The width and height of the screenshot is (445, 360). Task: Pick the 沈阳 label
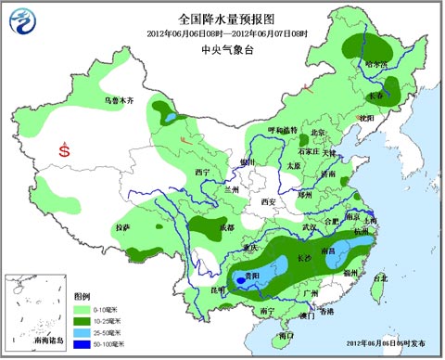pos(368,118)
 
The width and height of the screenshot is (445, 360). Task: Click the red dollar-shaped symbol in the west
pos(63,148)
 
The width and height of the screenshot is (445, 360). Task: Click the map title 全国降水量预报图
pos(222,18)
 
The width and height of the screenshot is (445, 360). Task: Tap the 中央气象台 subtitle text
pos(222,51)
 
